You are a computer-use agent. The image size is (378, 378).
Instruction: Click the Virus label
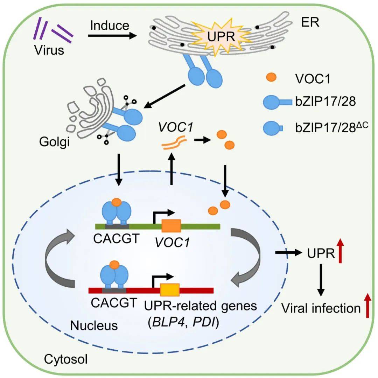49,50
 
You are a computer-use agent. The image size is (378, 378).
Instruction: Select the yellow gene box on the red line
170,290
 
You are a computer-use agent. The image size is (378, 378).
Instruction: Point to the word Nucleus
94,325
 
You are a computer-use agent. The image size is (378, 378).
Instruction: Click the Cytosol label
66,358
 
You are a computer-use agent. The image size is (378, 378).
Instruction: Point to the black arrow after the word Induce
112,36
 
